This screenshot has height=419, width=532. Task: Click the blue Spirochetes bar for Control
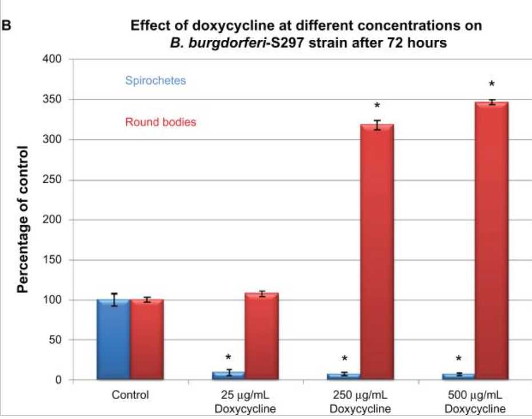pyautogui.click(x=113, y=339)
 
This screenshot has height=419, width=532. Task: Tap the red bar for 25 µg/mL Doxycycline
pyautogui.click(x=262, y=337)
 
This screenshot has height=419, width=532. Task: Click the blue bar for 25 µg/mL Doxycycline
pyautogui.click(x=229, y=375)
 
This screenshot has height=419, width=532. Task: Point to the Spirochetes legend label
pyautogui.click(x=156, y=80)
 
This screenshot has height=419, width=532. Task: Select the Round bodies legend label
pyautogui.click(x=161, y=122)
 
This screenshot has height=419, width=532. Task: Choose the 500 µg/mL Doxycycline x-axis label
pyautogui.click(x=475, y=402)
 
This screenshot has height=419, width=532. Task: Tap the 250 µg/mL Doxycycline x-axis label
pyautogui.click(x=360, y=402)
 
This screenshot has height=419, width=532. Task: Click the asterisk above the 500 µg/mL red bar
pyautogui.click(x=491, y=84)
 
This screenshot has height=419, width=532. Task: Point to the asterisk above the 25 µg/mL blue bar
pyautogui.click(x=229, y=358)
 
